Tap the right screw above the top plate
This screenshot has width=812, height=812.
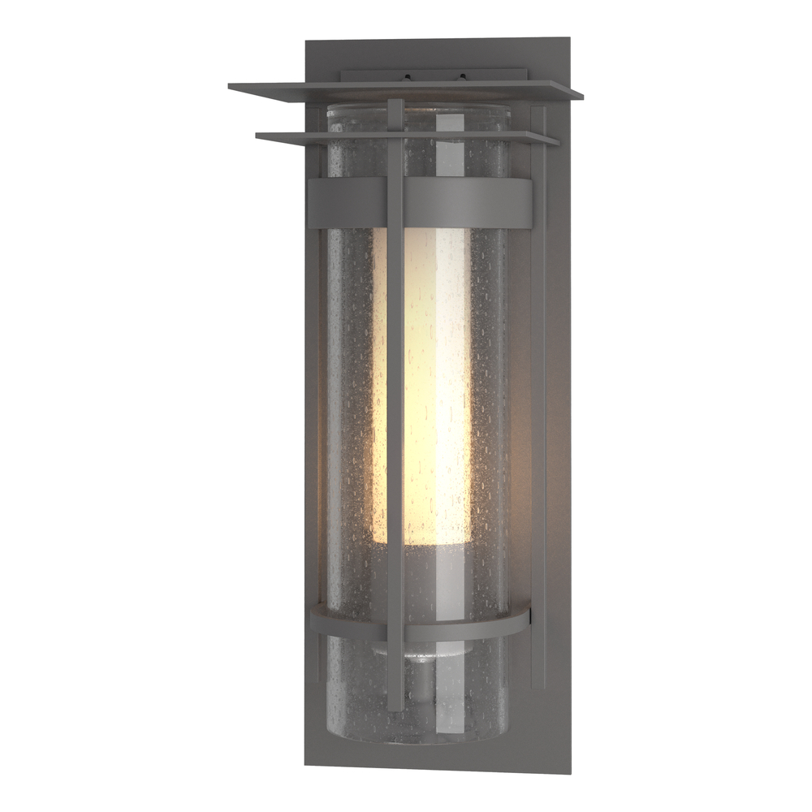pos(462,78)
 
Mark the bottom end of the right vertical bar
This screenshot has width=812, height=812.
pos(538,686)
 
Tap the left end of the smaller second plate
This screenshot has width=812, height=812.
pos(258,135)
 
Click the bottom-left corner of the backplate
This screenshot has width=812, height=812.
pos(307,763)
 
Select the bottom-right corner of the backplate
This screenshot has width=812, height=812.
pos(568,771)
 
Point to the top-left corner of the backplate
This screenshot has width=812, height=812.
pos(307,41)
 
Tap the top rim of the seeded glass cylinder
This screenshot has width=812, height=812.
pos(418,108)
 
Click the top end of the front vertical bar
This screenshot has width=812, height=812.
pos(395,102)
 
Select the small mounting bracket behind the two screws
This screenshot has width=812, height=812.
pos(434,74)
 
